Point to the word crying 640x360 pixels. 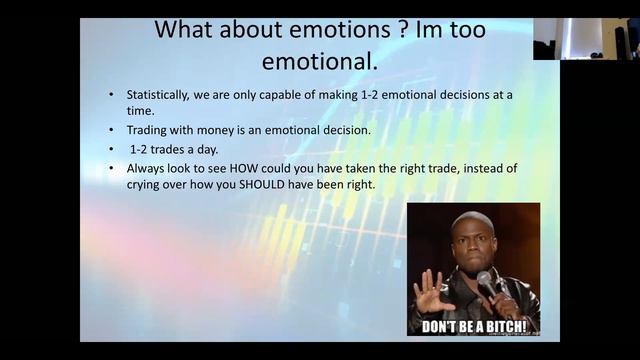click(x=145, y=185)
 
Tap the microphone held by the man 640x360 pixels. click(x=486, y=281)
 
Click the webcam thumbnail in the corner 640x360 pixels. click(x=586, y=38)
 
